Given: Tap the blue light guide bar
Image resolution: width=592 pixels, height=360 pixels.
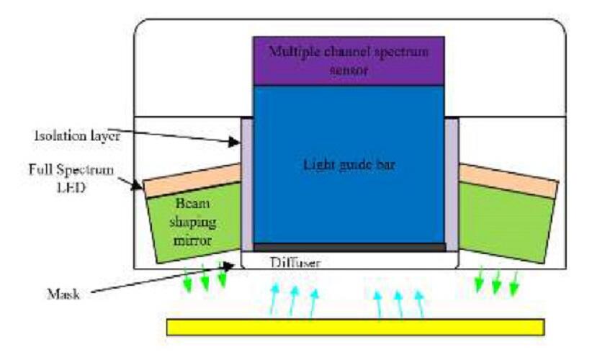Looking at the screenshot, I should pyautogui.click(x=348, y=166).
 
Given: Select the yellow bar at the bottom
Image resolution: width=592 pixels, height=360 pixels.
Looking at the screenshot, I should pyautogui.click(x=355, y=327).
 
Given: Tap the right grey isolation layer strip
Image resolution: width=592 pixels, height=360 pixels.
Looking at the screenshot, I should pyautogui.click(x=452, y=184).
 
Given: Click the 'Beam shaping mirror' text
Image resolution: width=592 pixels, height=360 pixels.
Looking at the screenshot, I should pyautogui.click(x=189, y=222).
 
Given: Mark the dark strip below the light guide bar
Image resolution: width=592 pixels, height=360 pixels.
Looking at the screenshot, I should pyautogui.click(x=348, y=247).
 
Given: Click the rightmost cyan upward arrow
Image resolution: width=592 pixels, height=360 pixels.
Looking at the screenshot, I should pyautogui.click(x=421, y=303).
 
